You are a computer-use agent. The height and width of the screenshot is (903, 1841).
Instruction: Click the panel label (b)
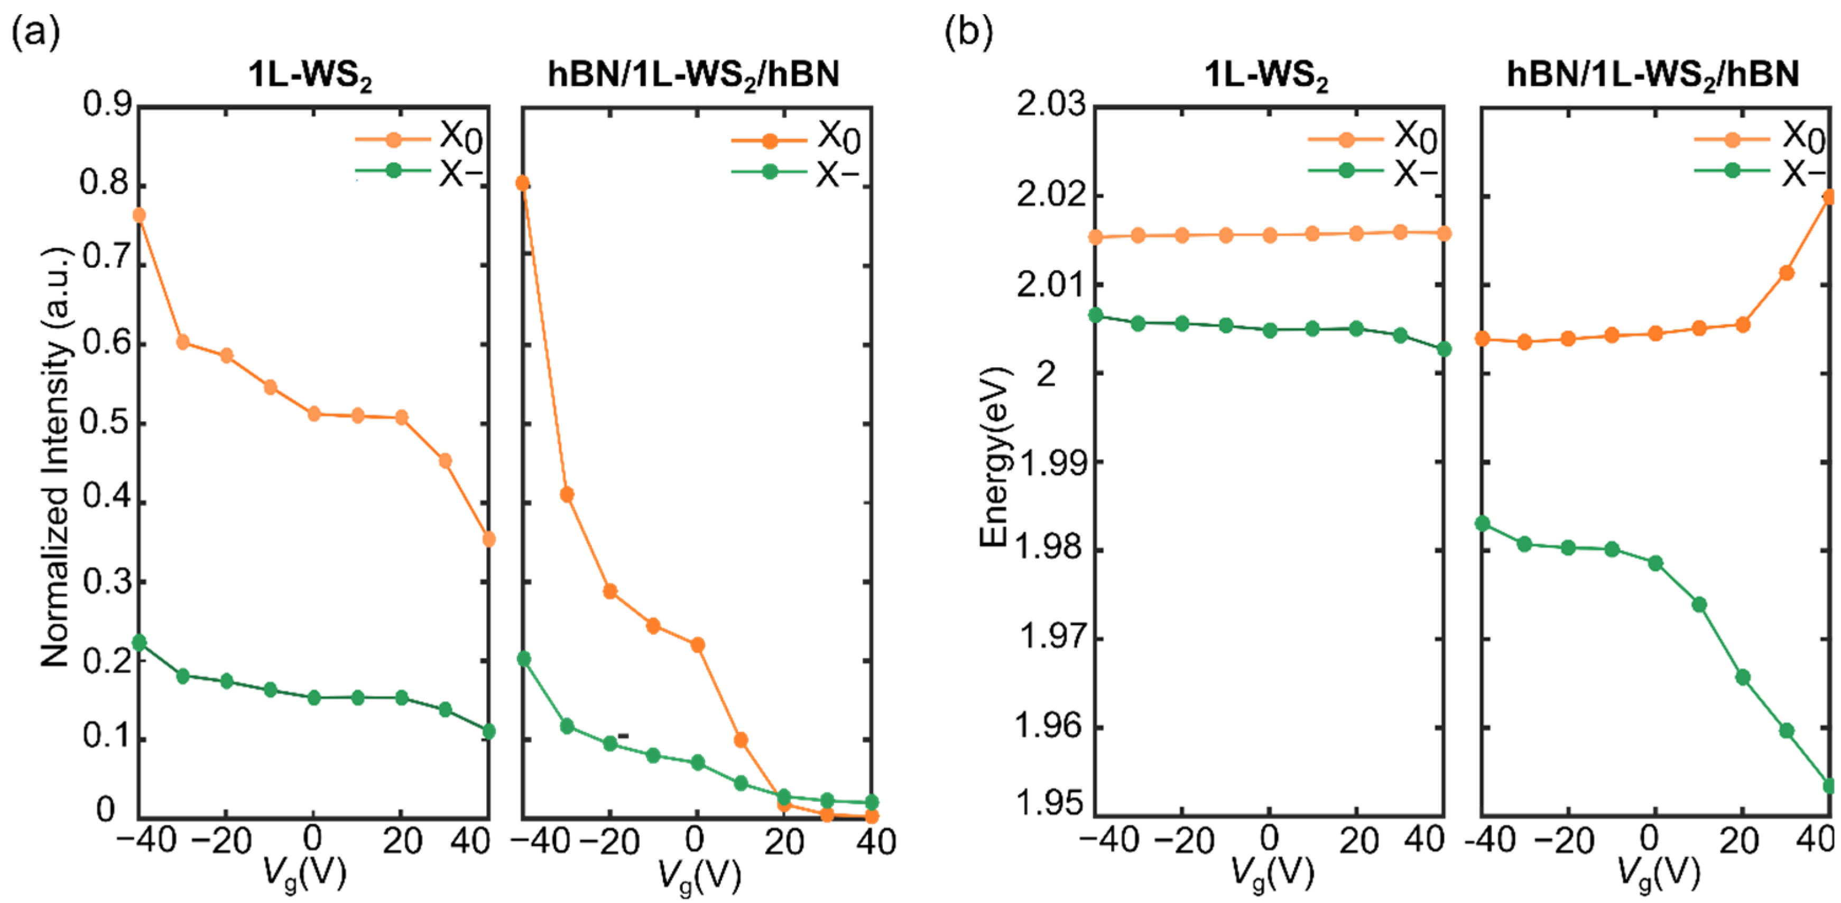[x=968, y=33]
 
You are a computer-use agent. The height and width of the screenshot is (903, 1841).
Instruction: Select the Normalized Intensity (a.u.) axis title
[x=55, y=457]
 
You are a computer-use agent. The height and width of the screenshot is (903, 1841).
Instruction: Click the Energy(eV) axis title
[x=994, y=457]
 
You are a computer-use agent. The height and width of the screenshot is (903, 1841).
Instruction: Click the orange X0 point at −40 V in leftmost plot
[x=140, y=215]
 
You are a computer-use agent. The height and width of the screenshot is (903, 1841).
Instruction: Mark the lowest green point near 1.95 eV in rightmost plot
[x=1829, y=786]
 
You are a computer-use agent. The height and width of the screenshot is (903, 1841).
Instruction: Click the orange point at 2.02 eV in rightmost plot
[x=1829, y=197]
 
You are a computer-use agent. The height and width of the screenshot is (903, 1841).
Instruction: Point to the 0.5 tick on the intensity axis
[x=107, y=423]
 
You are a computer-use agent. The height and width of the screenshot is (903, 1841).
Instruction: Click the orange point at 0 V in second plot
[x=698, y=645]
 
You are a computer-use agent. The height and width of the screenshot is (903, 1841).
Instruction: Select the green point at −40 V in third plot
[x=1095, y=315]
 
